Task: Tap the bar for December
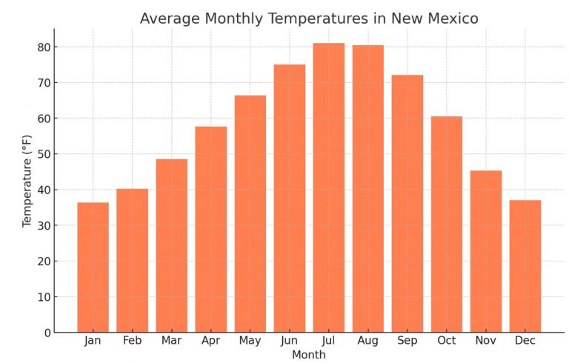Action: (525, 266)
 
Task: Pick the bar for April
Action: (210, 229)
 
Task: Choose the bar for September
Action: (407, 203)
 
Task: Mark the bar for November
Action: (485, 251)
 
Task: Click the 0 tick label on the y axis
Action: (45, 333)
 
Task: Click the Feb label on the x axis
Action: (132, 341)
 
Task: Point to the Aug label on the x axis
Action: (367, 341)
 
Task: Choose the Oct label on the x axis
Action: (446, 341)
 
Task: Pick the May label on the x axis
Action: (250, 341)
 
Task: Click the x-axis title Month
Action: (308, 355)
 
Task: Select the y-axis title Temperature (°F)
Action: (27, 180)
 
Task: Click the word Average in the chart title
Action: (168, 19)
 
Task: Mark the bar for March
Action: (171, 245)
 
